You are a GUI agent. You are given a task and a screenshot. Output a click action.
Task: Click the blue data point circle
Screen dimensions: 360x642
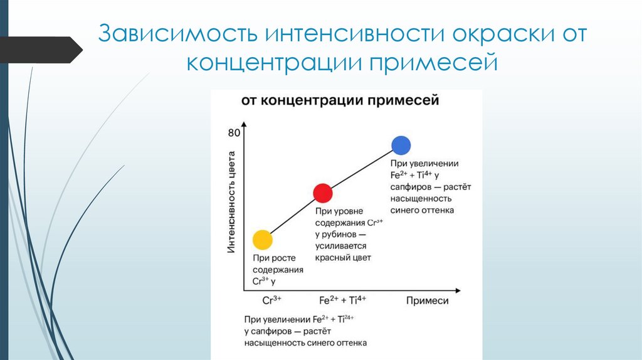401,146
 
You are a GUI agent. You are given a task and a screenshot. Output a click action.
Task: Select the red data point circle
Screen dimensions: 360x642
322,193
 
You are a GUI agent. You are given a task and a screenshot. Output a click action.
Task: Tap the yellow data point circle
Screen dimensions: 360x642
262,240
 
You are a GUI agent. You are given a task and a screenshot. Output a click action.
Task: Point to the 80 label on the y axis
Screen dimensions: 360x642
234,132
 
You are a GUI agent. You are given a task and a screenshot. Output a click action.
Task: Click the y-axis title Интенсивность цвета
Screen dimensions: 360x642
231,202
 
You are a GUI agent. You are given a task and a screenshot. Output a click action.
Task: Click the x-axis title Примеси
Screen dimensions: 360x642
427,300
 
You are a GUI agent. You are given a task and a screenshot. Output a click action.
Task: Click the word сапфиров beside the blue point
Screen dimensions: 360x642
409,187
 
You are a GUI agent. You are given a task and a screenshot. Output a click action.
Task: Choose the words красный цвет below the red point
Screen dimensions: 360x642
344,258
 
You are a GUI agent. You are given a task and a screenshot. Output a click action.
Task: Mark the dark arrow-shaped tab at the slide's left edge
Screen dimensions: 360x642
41,50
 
